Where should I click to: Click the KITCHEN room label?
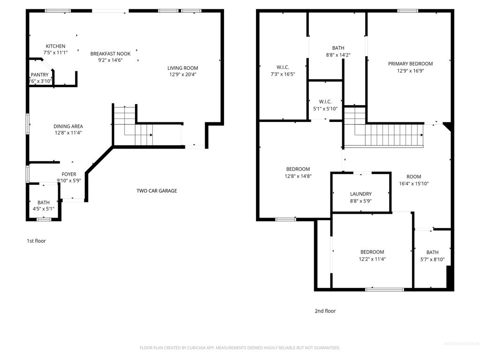coord(55,46)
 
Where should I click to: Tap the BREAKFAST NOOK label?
coord(110,54)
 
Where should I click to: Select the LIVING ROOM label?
coord(183,68)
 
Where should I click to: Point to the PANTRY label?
coord(40,75)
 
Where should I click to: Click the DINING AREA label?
coord(68,126)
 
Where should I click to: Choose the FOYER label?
coord(68,174)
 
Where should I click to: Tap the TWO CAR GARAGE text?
coord(157,191)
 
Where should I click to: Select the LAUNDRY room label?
coord(360,194)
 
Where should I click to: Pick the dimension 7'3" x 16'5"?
coord(283,74)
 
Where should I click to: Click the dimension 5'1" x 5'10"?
coord(325,109)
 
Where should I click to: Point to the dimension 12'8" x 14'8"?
coord(298,176)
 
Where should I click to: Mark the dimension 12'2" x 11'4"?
coord(372,259)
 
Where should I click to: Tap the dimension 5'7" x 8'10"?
coord(432,259)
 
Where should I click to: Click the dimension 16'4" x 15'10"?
coord(413,184)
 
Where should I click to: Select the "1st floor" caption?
coord(36,241)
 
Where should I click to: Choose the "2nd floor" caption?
coord(325,311)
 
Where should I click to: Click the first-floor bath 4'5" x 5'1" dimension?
coord(44,209)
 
